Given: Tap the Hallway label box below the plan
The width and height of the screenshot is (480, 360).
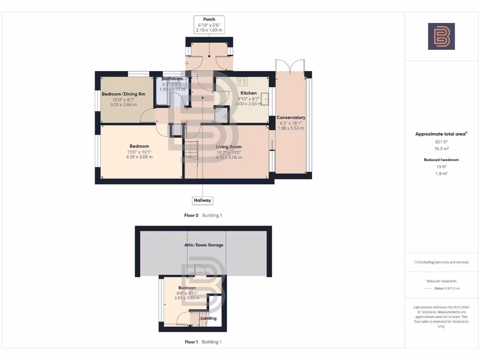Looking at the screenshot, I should point(202,201).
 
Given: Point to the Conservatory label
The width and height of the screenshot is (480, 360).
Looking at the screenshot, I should point(291,118).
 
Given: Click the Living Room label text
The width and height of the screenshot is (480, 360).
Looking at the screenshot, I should point(229,147).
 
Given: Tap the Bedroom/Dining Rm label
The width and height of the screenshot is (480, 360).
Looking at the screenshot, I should point(123,94).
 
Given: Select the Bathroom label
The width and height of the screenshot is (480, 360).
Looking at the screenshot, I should point(172,79).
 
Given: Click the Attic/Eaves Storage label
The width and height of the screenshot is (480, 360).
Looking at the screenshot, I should point(203,245).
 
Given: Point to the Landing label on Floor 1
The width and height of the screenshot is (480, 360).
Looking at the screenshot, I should point(209,318).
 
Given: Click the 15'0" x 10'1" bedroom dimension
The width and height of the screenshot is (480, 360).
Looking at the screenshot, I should point(139,152).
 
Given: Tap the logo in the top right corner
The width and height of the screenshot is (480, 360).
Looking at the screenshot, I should point(441,36).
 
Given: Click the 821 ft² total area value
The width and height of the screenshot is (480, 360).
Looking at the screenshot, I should point(441,142).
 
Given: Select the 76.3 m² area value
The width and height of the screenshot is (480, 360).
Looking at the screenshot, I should point(441,149).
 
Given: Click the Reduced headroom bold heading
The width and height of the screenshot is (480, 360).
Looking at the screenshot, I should point(441,160).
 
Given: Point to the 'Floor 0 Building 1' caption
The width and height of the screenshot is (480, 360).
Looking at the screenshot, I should point(203,216).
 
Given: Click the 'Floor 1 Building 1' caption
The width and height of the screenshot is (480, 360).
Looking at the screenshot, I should point(203,342).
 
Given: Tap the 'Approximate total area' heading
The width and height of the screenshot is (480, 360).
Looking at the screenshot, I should point(441,134).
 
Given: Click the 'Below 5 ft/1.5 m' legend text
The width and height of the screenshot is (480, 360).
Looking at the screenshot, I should point(447,288).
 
